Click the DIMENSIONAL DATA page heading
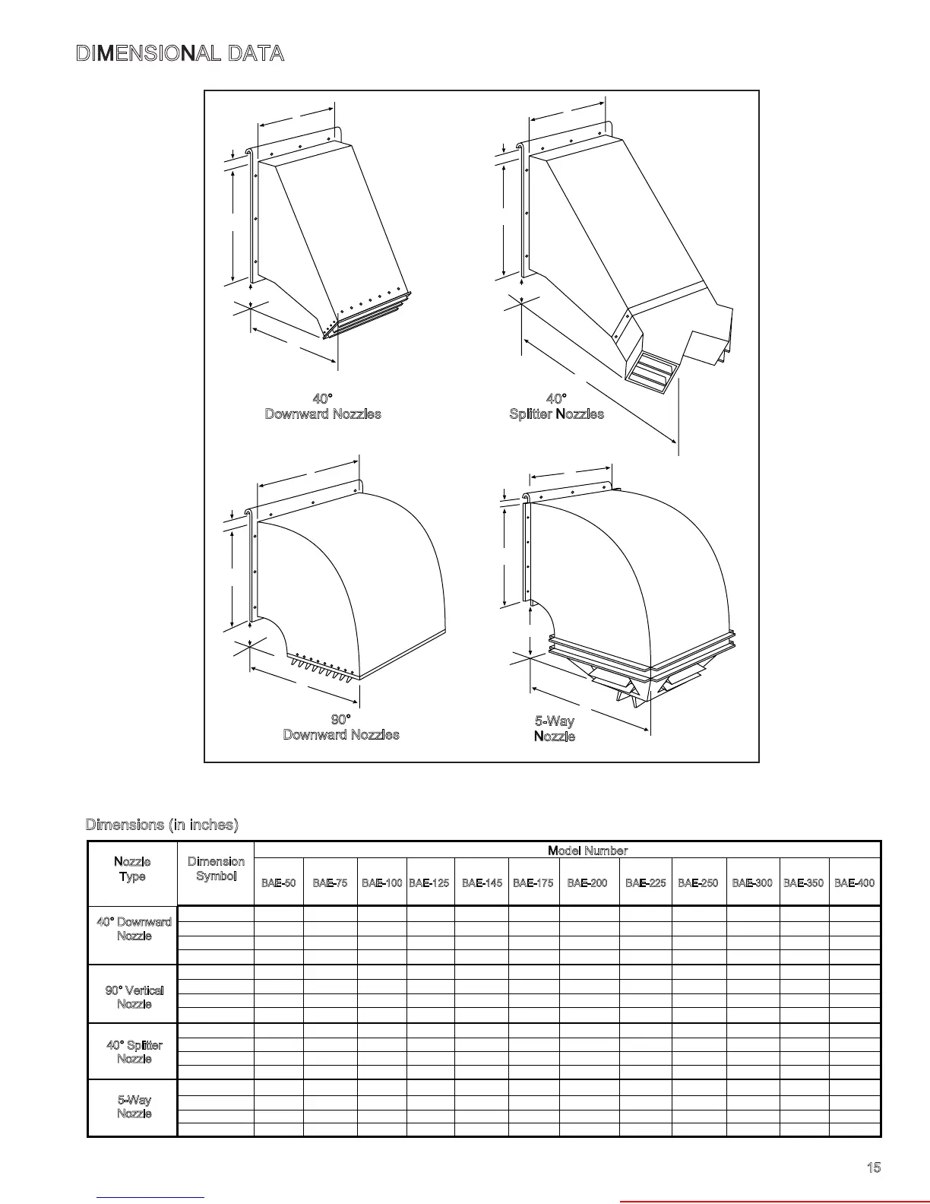180,54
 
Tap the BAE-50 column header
278,883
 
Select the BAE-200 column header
587,883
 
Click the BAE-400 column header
854,883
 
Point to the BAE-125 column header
429,883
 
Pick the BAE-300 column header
752,883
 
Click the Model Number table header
587,851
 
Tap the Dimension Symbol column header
216,869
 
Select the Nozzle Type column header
132,869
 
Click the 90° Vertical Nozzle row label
134,997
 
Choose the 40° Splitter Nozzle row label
134,1052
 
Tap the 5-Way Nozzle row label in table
134,1107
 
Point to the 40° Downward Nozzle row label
134,929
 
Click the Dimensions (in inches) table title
162,825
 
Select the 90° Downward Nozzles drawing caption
341,727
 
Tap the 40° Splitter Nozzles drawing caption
556,407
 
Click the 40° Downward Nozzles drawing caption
323,407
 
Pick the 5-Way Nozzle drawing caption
555,729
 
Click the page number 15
874,1168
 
